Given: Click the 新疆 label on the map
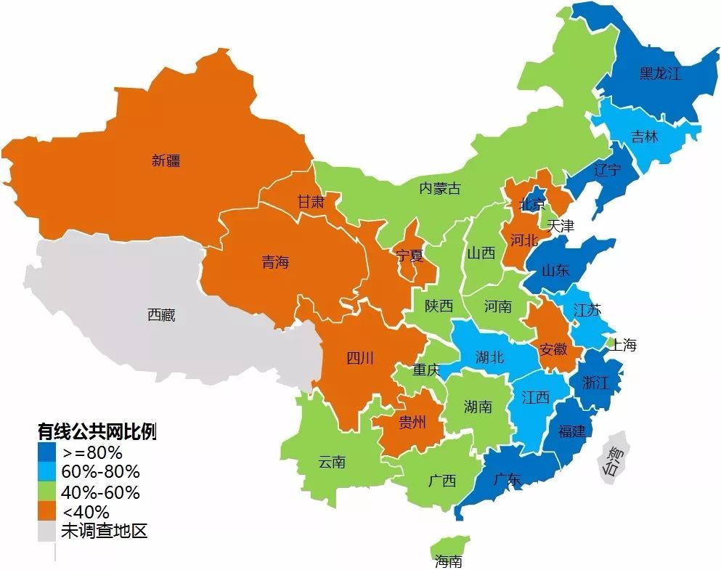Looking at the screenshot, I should click(x=166, y=161).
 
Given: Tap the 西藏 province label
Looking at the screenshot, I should click(x=161, y=315).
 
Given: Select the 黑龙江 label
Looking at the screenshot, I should click(x=659, y=73).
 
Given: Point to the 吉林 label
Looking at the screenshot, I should click(x=644, y=137).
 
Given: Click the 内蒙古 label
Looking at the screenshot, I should click(x=439, y=189).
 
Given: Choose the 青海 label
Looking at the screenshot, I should click(x=275, y=262).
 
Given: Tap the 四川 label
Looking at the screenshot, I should click(x=359, y=357).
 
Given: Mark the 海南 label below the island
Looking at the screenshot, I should click(x=448, y=561).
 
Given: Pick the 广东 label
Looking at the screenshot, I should click(x=506, y=479).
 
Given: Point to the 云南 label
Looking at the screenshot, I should click(x=332, y=462).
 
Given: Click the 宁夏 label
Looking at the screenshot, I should click(x=410, y=256).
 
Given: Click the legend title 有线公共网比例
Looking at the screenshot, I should click(x=97, y=431).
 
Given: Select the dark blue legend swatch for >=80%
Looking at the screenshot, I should click(x=48, y=452).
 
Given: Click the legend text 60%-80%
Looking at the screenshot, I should click(x=101, y=472).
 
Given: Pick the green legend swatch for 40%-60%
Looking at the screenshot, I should click(x=48, y=492).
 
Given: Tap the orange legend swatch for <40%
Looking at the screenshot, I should click(x=48, y=511).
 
